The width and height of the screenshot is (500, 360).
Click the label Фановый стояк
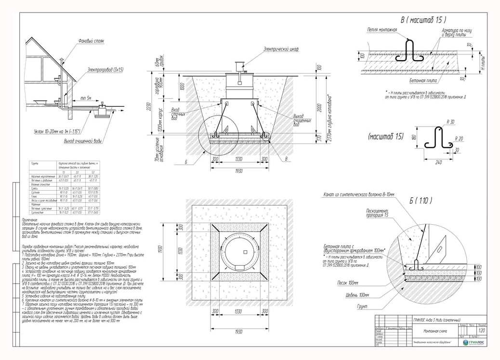[92, 41]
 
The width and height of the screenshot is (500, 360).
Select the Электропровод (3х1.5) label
[105, 70]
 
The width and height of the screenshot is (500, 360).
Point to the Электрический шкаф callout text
[281, 49]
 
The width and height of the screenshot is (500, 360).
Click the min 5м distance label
[87, 98]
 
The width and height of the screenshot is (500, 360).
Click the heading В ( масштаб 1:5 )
[423, 20]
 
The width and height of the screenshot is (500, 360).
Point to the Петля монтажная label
[382, 30]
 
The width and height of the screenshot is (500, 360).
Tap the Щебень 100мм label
[357, 295]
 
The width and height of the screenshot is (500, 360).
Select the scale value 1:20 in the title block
[481, 331]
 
